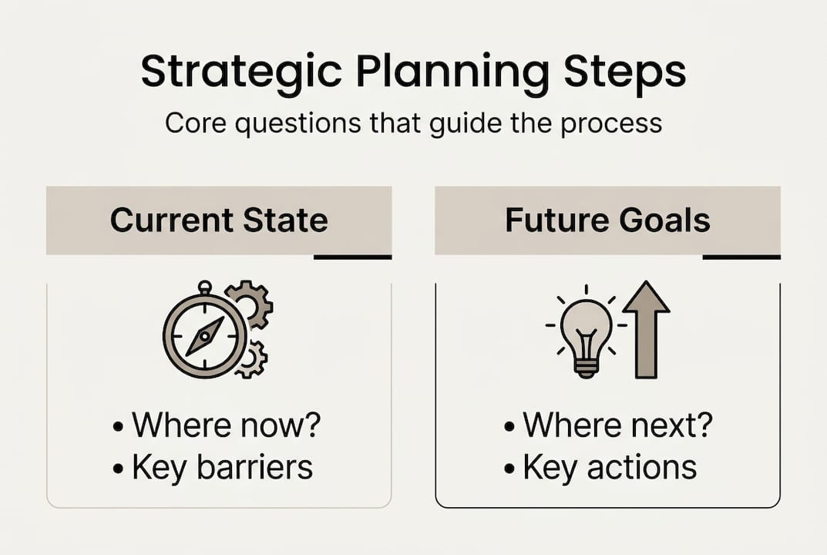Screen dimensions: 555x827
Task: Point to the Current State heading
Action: pos(219,220)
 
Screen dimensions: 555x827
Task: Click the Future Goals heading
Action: pos(607,220)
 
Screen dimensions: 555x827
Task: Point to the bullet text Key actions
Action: pos(609,467)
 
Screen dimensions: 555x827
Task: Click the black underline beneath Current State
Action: pos(353,257)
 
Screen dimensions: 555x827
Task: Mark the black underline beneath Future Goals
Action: pos(741,257)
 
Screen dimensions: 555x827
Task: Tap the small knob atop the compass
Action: pos(204,288)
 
